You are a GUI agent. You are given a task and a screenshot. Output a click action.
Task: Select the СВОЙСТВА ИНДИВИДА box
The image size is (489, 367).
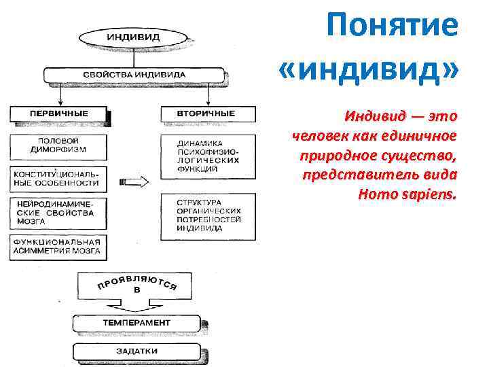click(133, 73)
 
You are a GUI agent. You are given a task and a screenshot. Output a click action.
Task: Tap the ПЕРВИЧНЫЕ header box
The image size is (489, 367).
click(58, 113)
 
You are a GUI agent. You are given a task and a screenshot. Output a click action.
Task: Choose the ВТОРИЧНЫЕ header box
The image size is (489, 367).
click(207, 113)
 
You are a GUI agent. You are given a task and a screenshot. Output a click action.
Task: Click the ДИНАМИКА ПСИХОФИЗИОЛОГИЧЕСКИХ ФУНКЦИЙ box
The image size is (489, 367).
click(209, 154)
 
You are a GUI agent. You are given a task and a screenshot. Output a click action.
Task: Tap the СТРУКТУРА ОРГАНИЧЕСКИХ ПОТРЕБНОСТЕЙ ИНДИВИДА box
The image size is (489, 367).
click(209, 215)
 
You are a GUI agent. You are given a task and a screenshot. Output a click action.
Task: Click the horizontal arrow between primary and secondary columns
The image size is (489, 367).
click(134, 182)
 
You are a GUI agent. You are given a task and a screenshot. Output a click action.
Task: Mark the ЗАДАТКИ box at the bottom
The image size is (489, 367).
click(137, 351)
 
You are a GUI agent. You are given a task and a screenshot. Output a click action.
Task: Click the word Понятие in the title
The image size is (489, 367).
click(392, 27)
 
